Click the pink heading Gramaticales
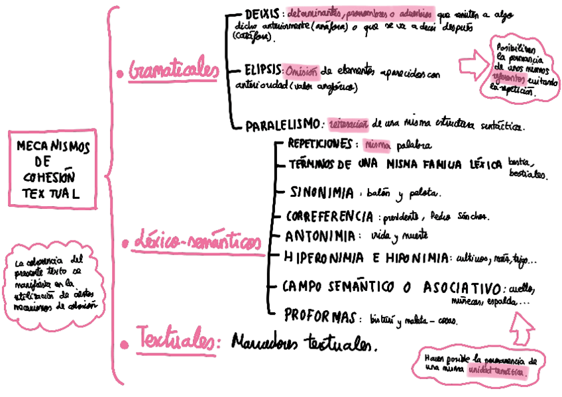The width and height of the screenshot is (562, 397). tap(175, 70)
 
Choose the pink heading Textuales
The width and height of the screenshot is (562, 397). tap(178, 342)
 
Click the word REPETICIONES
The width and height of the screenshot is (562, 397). tap(319, 144)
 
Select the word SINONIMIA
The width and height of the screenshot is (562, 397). tap(322, 192)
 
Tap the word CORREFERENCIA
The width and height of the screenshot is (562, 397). tap(329, 216)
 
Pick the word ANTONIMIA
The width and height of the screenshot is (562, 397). tap(318, 235)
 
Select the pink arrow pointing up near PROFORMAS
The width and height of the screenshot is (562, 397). tap(524, 325)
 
